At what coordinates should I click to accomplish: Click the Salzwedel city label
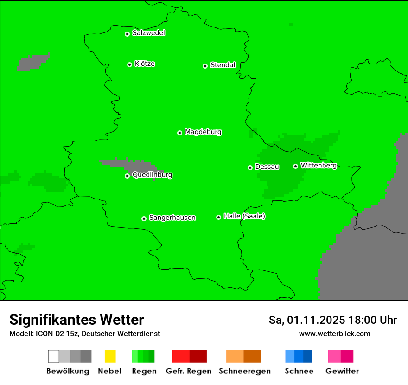point(148,33)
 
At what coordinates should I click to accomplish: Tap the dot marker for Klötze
point(129,64)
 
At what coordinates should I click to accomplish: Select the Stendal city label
point(223,65)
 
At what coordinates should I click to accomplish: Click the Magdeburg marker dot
point(179,133)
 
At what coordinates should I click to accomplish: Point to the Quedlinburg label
point(152,175)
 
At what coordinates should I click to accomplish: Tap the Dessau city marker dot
point(250,167)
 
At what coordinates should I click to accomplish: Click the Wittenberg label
point(319,165)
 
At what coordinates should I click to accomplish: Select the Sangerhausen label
point(172,218)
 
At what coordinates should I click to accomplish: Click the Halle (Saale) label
point(244,216)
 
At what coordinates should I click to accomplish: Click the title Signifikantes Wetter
point(76,320)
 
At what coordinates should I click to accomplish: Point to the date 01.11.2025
point(316,320)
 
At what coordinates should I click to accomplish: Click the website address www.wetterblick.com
point(334,334)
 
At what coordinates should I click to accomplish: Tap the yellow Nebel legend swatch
point(110,356)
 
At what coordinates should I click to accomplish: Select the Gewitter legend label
point(342,371)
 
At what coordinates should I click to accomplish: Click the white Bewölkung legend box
point(54,356)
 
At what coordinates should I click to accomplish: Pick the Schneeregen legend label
point(244,371)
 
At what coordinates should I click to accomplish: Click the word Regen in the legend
point(144,371)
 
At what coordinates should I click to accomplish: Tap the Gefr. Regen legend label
point(188,371)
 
